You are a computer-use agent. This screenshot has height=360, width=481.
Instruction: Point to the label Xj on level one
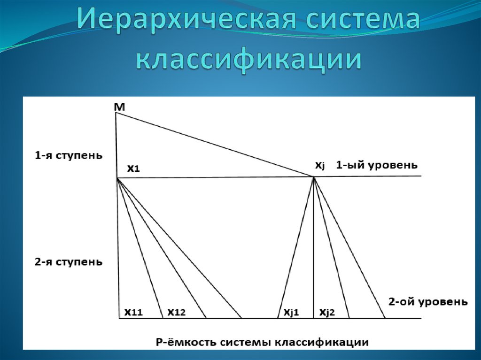(x=319, y=166)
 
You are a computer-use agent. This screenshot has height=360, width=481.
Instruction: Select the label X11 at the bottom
(x=133, y=312)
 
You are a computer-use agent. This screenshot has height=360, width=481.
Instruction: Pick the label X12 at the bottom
(x=177, y=312)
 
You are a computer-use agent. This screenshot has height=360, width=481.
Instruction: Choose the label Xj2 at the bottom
(x=327, y=312)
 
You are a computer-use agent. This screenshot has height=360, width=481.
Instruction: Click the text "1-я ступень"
(x=68, y=155)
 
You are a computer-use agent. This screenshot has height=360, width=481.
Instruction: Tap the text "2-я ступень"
(x=68, y=261)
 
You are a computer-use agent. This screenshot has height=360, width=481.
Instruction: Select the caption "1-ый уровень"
(x=376, y=165)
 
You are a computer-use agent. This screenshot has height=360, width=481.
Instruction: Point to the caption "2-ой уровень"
(x=428, y=302)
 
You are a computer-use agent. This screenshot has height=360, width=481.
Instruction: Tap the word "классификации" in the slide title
(x=249, y=60)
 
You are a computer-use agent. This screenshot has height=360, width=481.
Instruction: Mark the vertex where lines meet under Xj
(x=313, y=176)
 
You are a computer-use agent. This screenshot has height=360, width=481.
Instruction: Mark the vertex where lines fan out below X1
(x=117, y=178)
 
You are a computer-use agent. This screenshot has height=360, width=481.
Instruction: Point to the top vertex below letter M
(x=116, y=113)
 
